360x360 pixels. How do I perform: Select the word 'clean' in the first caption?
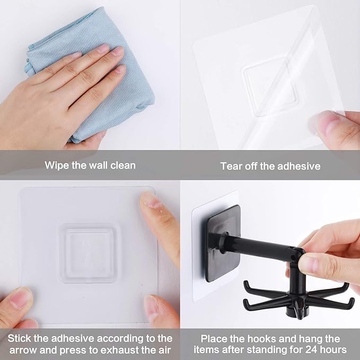(x=122, y=165)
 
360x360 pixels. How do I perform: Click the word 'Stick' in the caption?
(x=26, y=338)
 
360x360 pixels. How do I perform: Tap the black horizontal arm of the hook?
(x=260, y=247)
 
